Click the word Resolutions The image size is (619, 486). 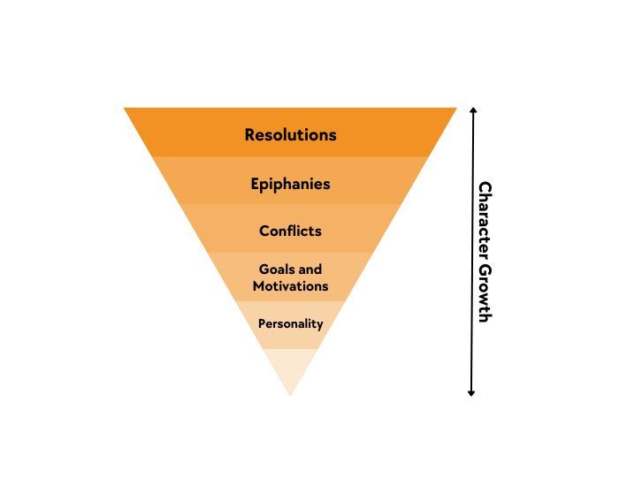click(x=290, y=135)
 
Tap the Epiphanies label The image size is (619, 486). click(x=290, y=184)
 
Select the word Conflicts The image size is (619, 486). click(x=290, y=231)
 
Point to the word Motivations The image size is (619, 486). click(x=290, y=285)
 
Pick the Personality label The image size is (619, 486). click(x=290, y=323)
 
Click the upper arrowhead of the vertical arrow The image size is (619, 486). click(x=472, y=111)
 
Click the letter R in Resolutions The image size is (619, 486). click(x=250, y=135)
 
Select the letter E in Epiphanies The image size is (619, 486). click(x=255, y=184)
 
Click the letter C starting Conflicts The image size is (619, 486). click(x=264, y=231)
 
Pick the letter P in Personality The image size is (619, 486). click(x=262, y=323)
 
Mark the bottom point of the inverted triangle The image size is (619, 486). click(x=290, y=392)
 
